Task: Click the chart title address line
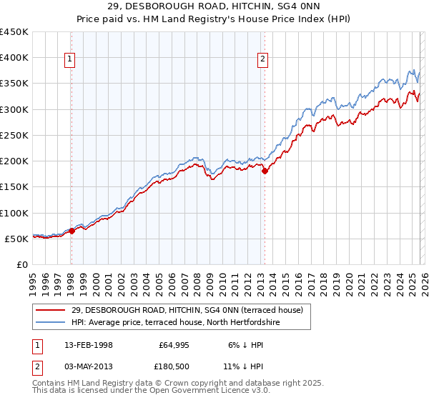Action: (x=214, y=6)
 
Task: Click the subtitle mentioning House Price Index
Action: (x=214, y=19)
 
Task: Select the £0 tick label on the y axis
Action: (x=23, y=264)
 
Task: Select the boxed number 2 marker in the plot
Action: (x=262, y=60)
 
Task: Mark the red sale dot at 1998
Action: (x=72, y=231)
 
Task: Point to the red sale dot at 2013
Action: (x=264, y=171)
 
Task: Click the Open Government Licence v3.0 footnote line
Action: (x=151, y=391)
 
